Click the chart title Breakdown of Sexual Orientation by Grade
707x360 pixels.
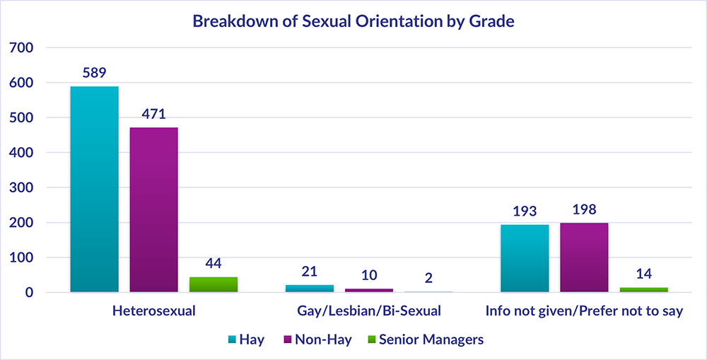pyautogui.click(x=353, y=21)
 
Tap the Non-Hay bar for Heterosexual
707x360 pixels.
pyautogui.click(x=153, y=209)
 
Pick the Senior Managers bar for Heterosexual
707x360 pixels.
pyautogui.click(x=214, y=284)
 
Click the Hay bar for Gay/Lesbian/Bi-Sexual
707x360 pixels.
pyautogui.click(x=309, y=288)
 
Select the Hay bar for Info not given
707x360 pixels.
pyautogui.click(x=525, y=258)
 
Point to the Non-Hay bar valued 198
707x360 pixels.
pyautogui.click(x=584, y=257)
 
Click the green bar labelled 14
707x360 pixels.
pyautogui.click(x=643, y=289)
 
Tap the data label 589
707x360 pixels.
pyautogui.click(x=94, y=74)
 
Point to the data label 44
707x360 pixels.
pyautogui.click(x=214, y=264)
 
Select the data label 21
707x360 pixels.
pyautogui.click(x=309, y=272)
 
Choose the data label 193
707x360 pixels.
pyautogui.click(x=525, y=211)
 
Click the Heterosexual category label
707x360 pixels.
pyautogui.click(x=153, y=310)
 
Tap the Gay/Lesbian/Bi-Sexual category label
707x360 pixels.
pyautogui.click(x=369, y=310)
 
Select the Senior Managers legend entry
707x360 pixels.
pyautogui.click(x=424, y=339)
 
